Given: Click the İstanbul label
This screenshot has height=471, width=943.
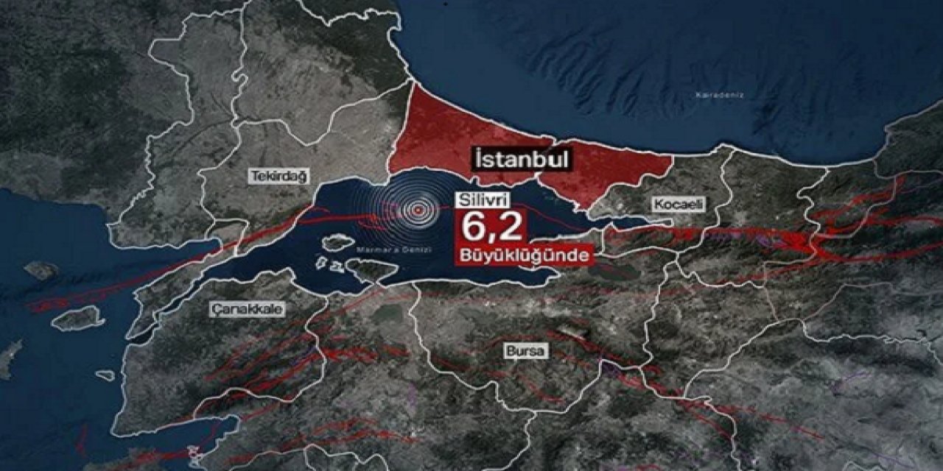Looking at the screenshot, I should [522, 160].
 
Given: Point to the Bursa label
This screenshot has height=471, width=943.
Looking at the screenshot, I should [526, 351].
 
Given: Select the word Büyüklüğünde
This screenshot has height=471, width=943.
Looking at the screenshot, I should [524, 255].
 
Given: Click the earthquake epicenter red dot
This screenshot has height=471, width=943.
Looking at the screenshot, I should [418, 210].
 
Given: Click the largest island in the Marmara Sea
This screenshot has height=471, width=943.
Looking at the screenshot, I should [337, 241].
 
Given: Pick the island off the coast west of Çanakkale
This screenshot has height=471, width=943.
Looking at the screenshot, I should [77, 318].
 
